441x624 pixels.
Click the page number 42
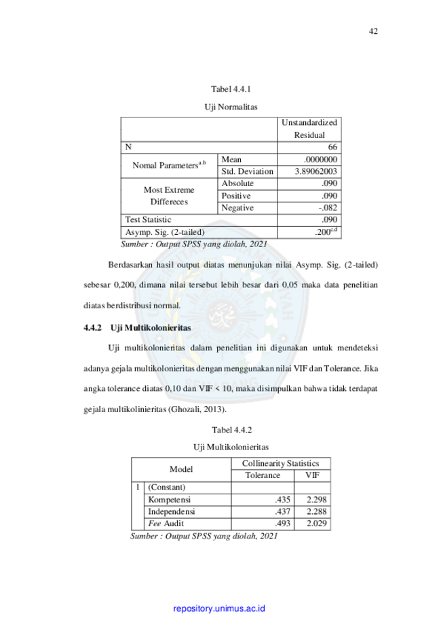click(373, 31)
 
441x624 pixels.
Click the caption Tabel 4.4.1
click(231, 89)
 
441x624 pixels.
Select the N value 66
click(332, 147)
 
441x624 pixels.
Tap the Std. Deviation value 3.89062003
click(315, 171)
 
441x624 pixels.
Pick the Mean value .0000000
click(320, 159)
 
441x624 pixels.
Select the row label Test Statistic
click(148, 220)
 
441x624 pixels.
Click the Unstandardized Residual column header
click(309, 128)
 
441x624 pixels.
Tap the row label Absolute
click(237, 183)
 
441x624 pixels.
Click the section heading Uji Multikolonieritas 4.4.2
click(137, 327)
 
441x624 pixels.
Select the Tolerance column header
click(263, 475)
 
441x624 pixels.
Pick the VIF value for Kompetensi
click(317, 500)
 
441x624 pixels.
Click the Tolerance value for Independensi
click(282, 511)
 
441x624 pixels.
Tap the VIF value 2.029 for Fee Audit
click(317, 524)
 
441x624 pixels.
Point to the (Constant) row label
click(167, 487)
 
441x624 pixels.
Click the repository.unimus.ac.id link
click(219, 608)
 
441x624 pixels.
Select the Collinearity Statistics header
click(280, 463)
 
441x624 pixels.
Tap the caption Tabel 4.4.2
click(232, 430)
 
